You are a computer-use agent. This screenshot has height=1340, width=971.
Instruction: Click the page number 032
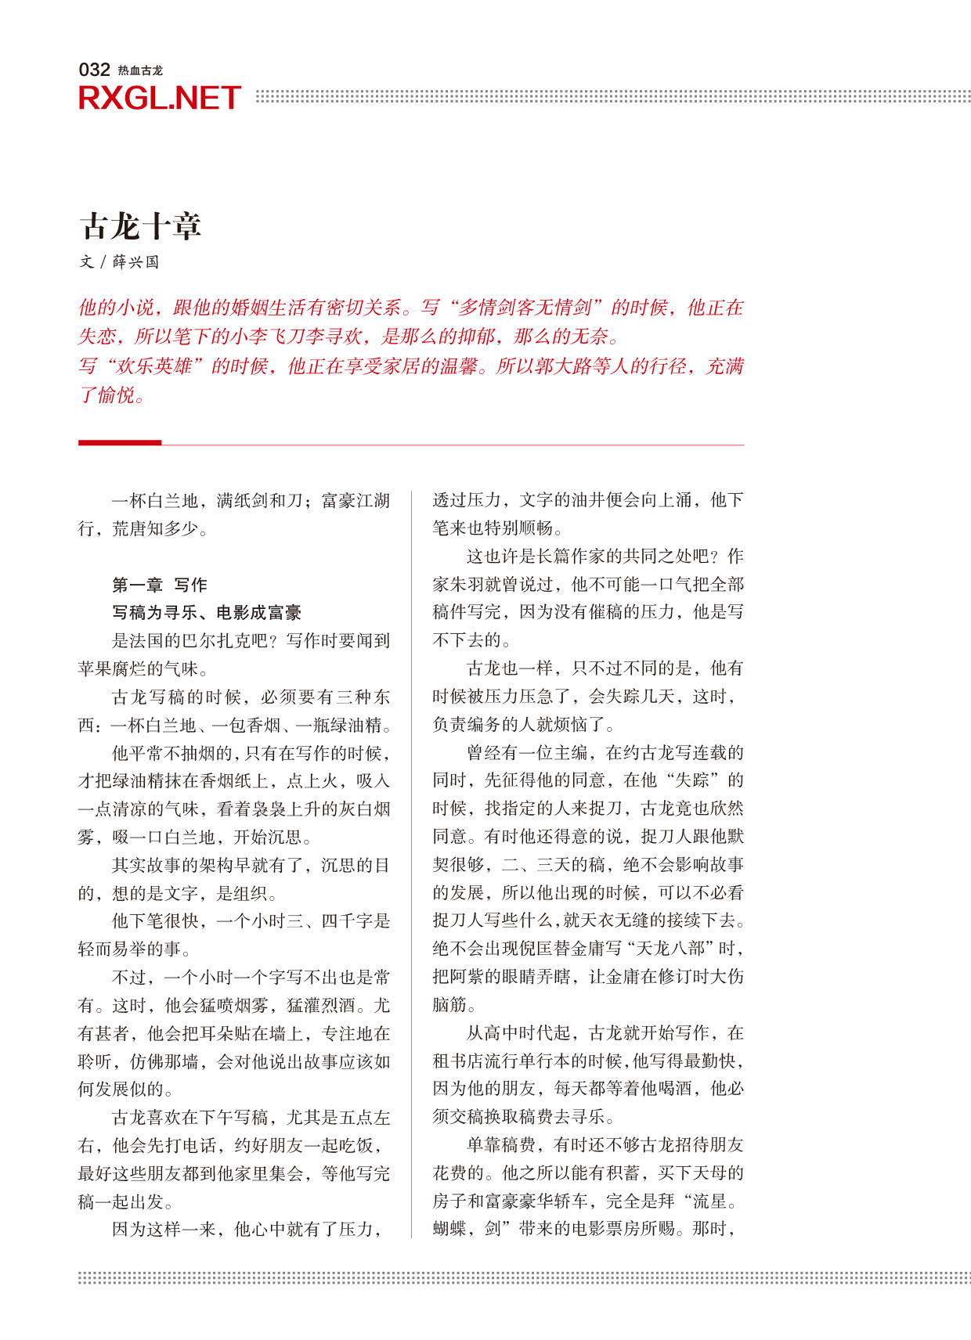click(x=94, y=70)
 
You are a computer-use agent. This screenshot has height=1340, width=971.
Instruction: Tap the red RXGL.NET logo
click(x=159, y=99)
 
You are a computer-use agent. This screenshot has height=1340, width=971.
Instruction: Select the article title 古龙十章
click(x=141, y=226)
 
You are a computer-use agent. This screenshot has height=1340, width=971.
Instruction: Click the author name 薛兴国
click(x=135, y=262)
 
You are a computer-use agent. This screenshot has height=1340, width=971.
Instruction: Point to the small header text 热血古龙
click(x=140, y=70)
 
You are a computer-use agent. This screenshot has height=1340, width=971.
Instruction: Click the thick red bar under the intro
click(x=120, y=442)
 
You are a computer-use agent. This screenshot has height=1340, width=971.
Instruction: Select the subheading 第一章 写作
click(x=160, y=585)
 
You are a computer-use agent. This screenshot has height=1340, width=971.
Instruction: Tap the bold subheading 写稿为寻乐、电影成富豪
click(x=207, y=613)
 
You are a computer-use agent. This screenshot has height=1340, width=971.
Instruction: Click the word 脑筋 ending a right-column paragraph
click(x=449, y=1005)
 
